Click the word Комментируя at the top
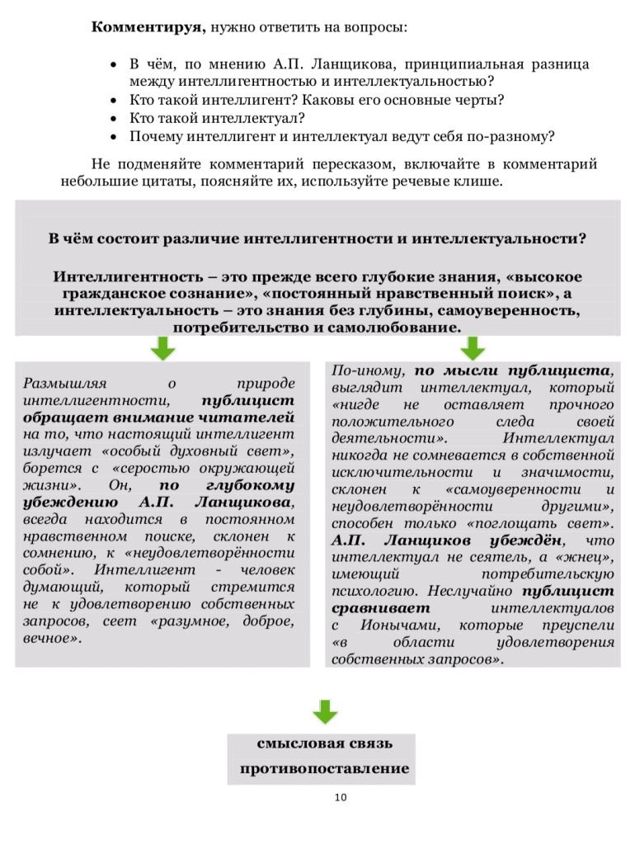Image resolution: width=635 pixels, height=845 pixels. pos(146,26)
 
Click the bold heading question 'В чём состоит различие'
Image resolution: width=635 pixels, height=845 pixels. pos(317,238)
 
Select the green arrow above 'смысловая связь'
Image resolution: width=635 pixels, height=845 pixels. pos(325,712)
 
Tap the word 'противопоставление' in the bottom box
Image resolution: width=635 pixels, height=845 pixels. pos(325,769)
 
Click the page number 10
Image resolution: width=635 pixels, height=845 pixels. pos(341,797)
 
